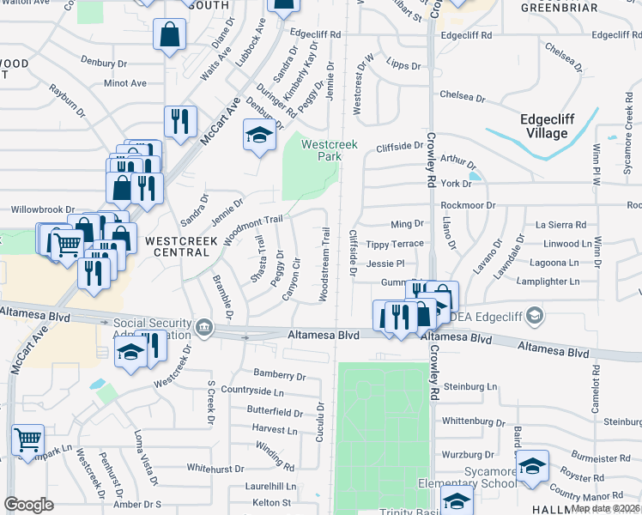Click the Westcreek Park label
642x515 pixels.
pyautogui.click(x=329, y=151)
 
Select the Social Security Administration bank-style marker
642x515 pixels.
pyautogui.click(x=204, y=326)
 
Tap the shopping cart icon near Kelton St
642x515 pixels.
pyautogui.click(x=28, y=439)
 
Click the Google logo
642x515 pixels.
pyautogui.click(x=28, y=505)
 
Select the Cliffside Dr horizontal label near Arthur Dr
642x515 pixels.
pyautogui.click(x=400, y=147)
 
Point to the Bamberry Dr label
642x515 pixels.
pyautogui.click(x=280, y=375)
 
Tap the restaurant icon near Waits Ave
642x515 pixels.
pyautogui.click(x=180, y=121)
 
